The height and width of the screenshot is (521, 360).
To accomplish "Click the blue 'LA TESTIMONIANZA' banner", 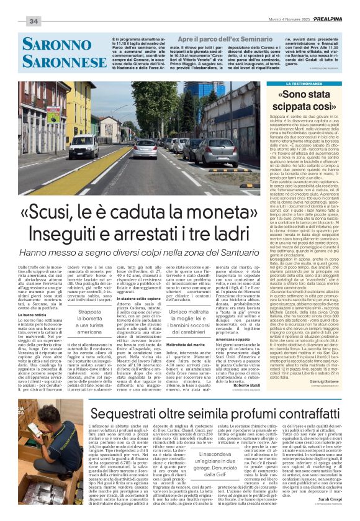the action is click(304, 83).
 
